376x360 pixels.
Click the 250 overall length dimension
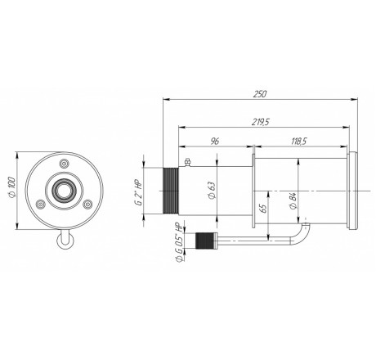coord(260,94)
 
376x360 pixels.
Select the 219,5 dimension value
coord(260,122)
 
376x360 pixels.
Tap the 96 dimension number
coord(215,142)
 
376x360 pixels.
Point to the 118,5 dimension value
coord(299,142)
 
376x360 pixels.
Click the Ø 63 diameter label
coord(212,190)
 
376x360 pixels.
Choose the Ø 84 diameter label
coord(293,201)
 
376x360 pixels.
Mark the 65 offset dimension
coord(263,209)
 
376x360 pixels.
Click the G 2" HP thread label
coord(139,194)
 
